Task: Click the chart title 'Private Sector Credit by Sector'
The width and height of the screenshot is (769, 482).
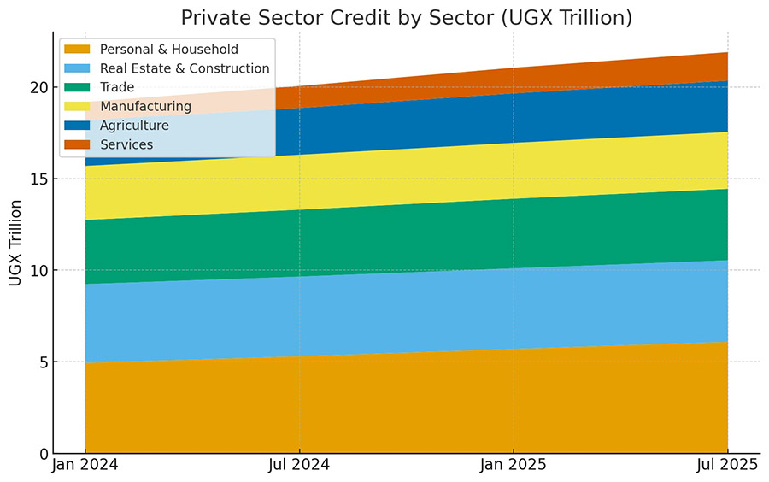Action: [406, 18]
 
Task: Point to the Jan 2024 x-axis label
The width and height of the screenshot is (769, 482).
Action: [85, 465]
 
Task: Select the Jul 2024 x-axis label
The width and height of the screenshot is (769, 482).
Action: [299, 465]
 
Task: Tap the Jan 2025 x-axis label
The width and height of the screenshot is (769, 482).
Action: [514, 465]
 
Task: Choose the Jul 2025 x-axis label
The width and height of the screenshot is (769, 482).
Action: [727, 465]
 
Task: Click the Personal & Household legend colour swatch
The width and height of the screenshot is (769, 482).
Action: [77, 50]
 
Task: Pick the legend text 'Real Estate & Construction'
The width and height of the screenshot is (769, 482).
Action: [185, 68]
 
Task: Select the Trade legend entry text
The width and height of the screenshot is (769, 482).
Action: [117, 87]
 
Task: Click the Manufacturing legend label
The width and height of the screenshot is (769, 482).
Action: [145, 106]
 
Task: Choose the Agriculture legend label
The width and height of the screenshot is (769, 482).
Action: [134, 126]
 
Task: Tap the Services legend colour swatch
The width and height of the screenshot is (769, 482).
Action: [77, 144]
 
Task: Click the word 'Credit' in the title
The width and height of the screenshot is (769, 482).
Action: [379, 18]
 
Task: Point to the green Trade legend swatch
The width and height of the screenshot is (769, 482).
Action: [77, 87]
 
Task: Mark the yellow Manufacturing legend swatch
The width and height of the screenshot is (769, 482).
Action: [77, 106]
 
